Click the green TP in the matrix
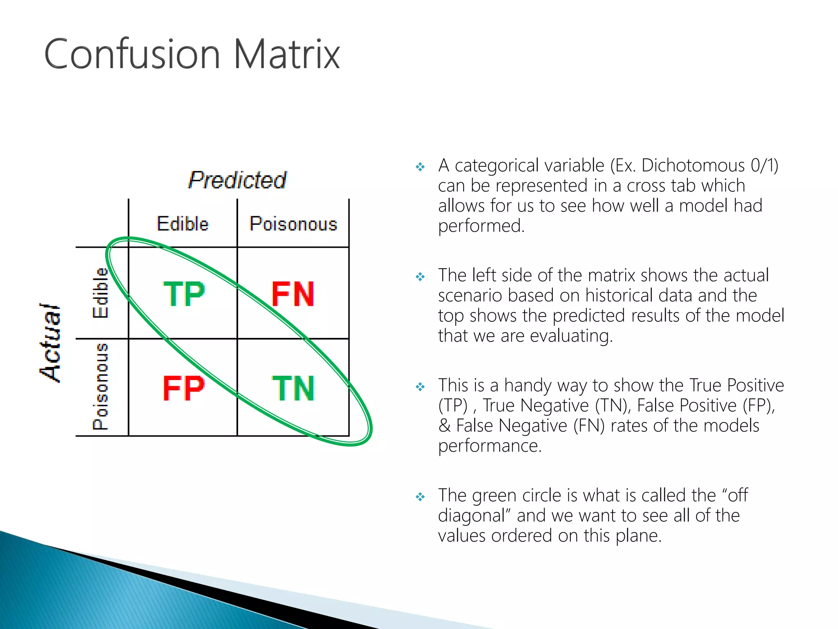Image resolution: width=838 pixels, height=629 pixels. pos(184,294)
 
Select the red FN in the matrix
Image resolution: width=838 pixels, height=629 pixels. pos(293,294)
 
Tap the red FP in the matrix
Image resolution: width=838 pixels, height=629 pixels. pos(184,388)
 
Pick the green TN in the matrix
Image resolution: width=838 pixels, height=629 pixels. pos(293,388)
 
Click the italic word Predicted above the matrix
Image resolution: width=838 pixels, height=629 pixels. pos(237,180)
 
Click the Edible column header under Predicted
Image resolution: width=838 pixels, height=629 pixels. pos(182,224)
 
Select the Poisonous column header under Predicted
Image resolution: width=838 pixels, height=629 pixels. pos(293,224)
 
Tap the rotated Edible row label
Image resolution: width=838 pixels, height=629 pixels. pos(100,293)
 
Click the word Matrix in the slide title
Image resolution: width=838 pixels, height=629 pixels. pos(286,54)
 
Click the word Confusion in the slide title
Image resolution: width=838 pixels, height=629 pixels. pos(132,54)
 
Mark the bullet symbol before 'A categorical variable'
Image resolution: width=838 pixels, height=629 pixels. pos(420,167)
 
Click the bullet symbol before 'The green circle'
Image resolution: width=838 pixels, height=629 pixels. pos(420,497)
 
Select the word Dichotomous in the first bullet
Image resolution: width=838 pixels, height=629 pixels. pos(693,166)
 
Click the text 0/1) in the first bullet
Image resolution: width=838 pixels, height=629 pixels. pos(764,166)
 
